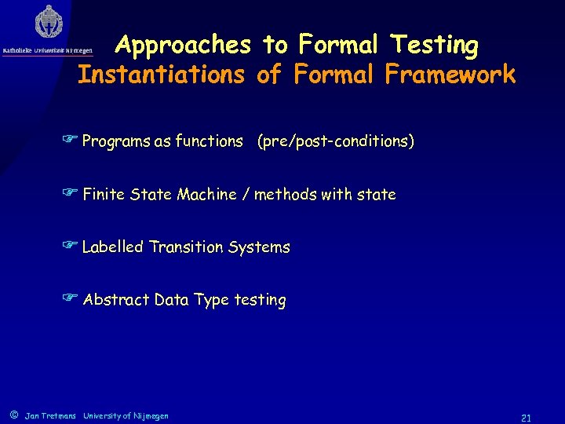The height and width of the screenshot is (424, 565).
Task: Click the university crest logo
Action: tap(49, 23)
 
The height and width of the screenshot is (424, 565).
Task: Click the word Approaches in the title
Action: tap(182, 46)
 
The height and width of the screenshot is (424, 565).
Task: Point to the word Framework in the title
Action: tap(450, 75)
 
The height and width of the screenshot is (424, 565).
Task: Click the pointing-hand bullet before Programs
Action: tap(71, 141)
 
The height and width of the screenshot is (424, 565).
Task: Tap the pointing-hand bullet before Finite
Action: tap(71, 194)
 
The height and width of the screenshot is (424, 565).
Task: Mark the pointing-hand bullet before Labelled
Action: tap(71, 247)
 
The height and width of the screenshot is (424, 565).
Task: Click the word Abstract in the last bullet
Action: tap(115, 300)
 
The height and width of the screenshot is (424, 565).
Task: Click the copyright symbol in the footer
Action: tap(13, 415)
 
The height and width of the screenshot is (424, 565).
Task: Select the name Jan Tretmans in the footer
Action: tap(51, 415)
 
